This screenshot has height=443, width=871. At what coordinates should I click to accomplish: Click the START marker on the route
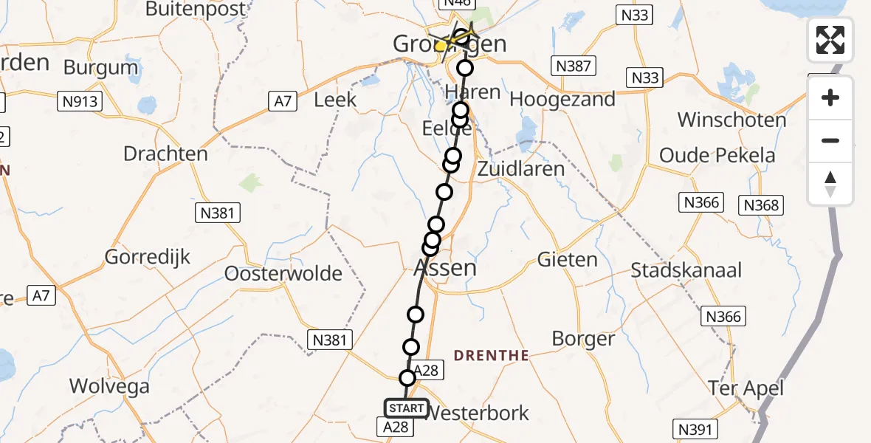coord(406,408)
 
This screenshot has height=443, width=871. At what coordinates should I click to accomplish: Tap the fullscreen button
coord(830,40)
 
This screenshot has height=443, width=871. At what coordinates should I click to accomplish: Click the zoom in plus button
coord(830,98)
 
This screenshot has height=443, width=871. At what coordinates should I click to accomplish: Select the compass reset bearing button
coord(830,184)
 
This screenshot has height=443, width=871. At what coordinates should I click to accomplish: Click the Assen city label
coord(444,267)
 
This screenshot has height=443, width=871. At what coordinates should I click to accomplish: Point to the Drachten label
coord(166,154)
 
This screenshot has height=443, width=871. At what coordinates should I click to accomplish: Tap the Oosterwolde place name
coord(284,274)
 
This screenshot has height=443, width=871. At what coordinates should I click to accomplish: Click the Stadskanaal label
coord(686,270)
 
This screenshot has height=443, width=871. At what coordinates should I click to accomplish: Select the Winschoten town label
coord(721,120)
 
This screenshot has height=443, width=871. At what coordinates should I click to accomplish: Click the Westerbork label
coord(478,413)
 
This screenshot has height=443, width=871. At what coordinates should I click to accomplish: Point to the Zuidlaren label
coord(521,168)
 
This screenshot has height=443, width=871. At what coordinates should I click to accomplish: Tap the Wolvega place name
coord(109,386)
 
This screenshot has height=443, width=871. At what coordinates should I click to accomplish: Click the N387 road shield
coord(574,66)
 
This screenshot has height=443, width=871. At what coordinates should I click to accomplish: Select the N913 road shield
coord(80,102)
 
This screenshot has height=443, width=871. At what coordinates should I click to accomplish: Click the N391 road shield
coord(695,427)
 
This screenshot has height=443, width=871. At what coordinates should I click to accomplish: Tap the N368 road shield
coord(761,205)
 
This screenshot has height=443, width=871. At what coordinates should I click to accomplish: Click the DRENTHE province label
coord(491,356)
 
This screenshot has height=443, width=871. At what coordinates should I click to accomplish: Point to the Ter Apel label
coord(746,388)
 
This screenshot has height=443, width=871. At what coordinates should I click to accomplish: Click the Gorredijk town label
coord(148,258)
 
